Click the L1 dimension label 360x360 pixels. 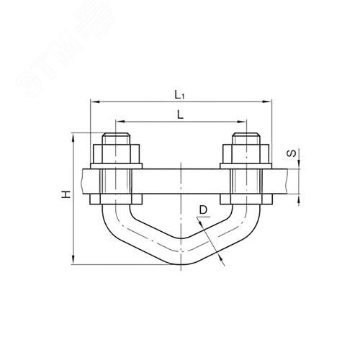pyautogui.click(x=179, y=94)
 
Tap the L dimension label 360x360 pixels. pyautogui.click(x=180, y=115)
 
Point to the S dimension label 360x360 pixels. pyautogui.click(x=292, y=153)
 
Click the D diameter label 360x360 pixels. pyautogui.click(x=203, y=210)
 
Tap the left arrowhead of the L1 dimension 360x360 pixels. pyautogui.click(x=95, y=102)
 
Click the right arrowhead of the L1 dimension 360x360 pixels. pyautogui.click(x=267, y=102)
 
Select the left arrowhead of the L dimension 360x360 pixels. pyautogui.click(x=120, y=122)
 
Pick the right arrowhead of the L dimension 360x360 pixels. pyautogui.click(x=242, y=122)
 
